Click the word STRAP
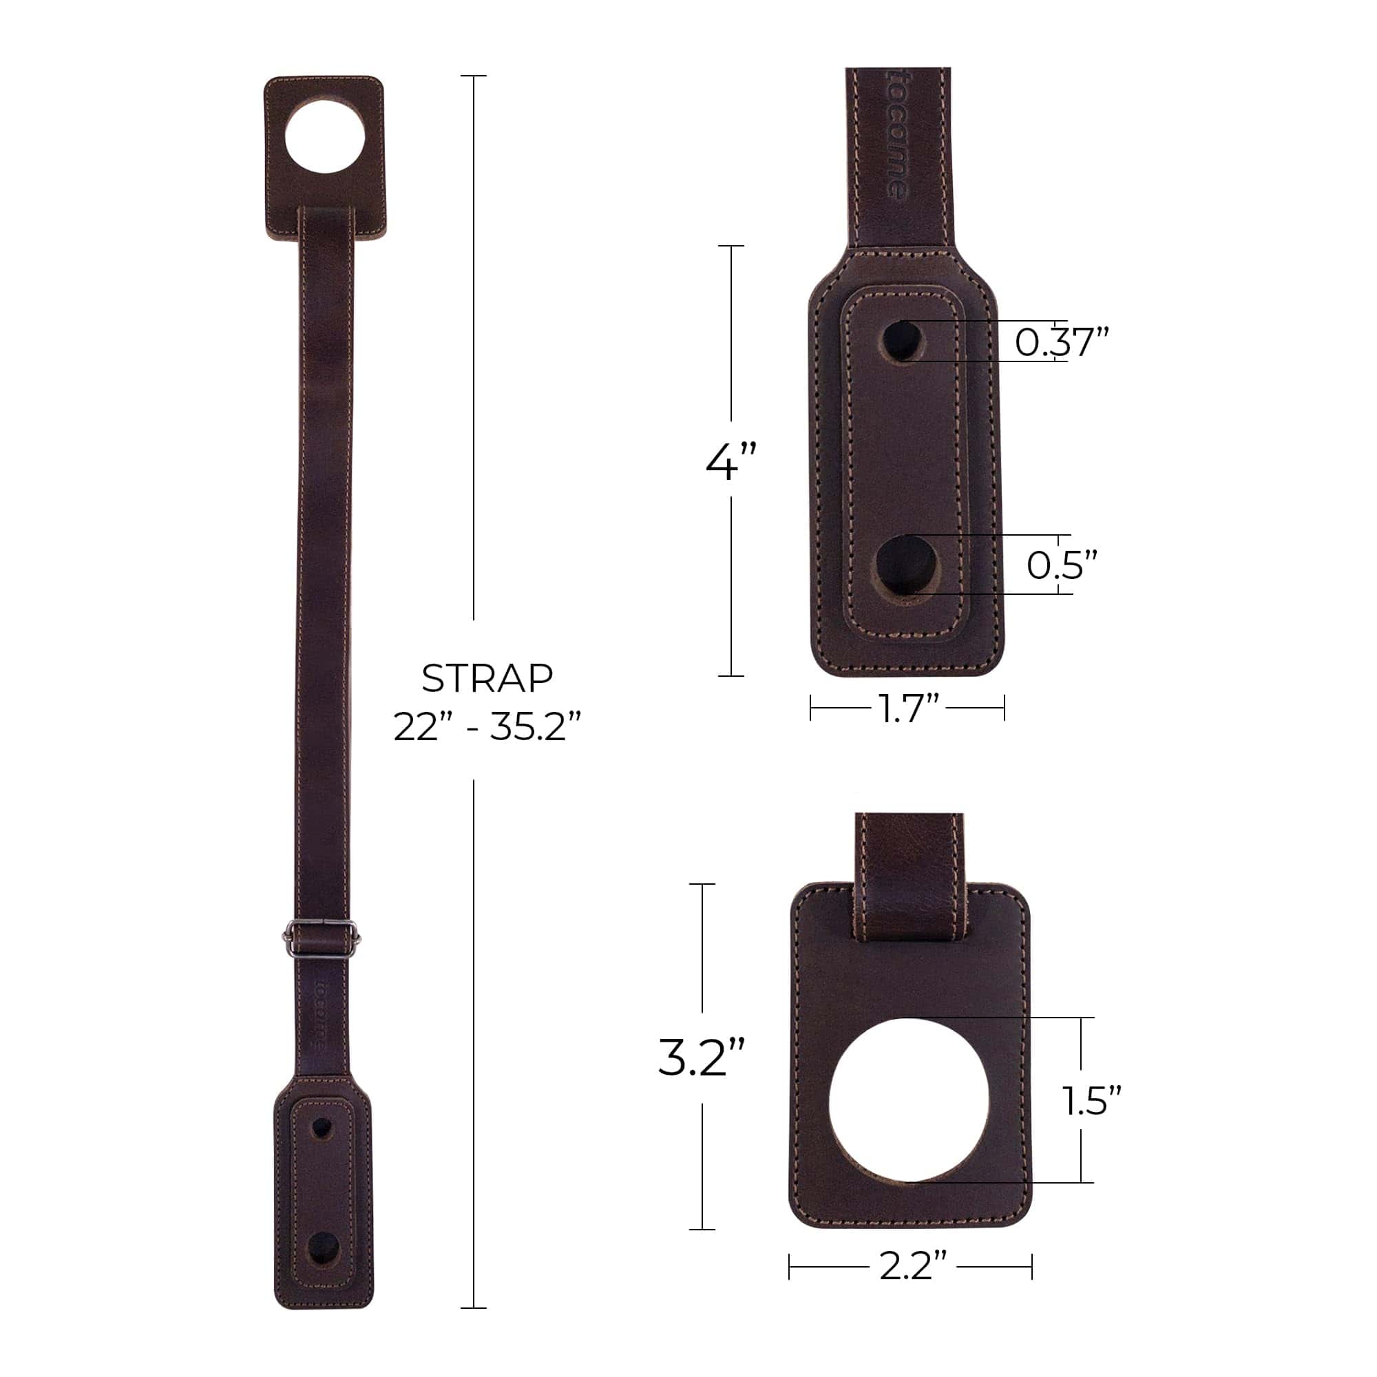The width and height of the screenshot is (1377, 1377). [x=487, y=679]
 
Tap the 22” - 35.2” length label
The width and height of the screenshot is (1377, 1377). [x=487, y=728]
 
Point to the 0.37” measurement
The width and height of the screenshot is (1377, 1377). [x=1062, y=342]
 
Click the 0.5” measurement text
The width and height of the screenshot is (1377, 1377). [x=1061, y=565]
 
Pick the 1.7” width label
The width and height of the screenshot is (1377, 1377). [x=907, y=709]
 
